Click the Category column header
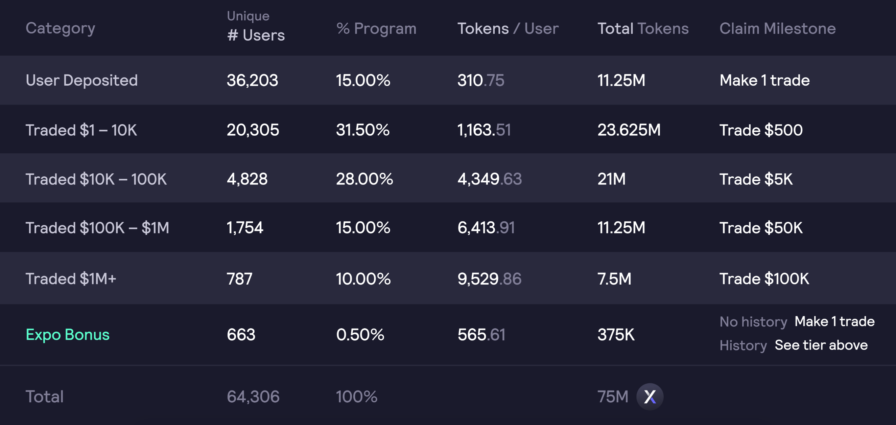click(60, 28)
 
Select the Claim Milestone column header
click(777, 28)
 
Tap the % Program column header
click(376, 28)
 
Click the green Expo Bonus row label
click(68, 335)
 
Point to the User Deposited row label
click(82, 81)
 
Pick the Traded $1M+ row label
click(71, 278)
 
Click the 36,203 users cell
click(252, 81)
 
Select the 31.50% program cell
click(362, 130)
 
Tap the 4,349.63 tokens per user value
click(489, 179)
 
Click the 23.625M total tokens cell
click(629, 130)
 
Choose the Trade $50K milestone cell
click(761, 228)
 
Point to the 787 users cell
click(239, 278)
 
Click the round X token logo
click(650, 397)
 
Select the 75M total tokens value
click(613, 397)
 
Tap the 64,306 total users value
click(253, 397)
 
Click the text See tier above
click(821, 345)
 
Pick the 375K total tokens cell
click(616, 335)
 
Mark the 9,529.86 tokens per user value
click(489, 278)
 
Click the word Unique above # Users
click(248, 16)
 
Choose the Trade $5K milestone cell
click(756, 179)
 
